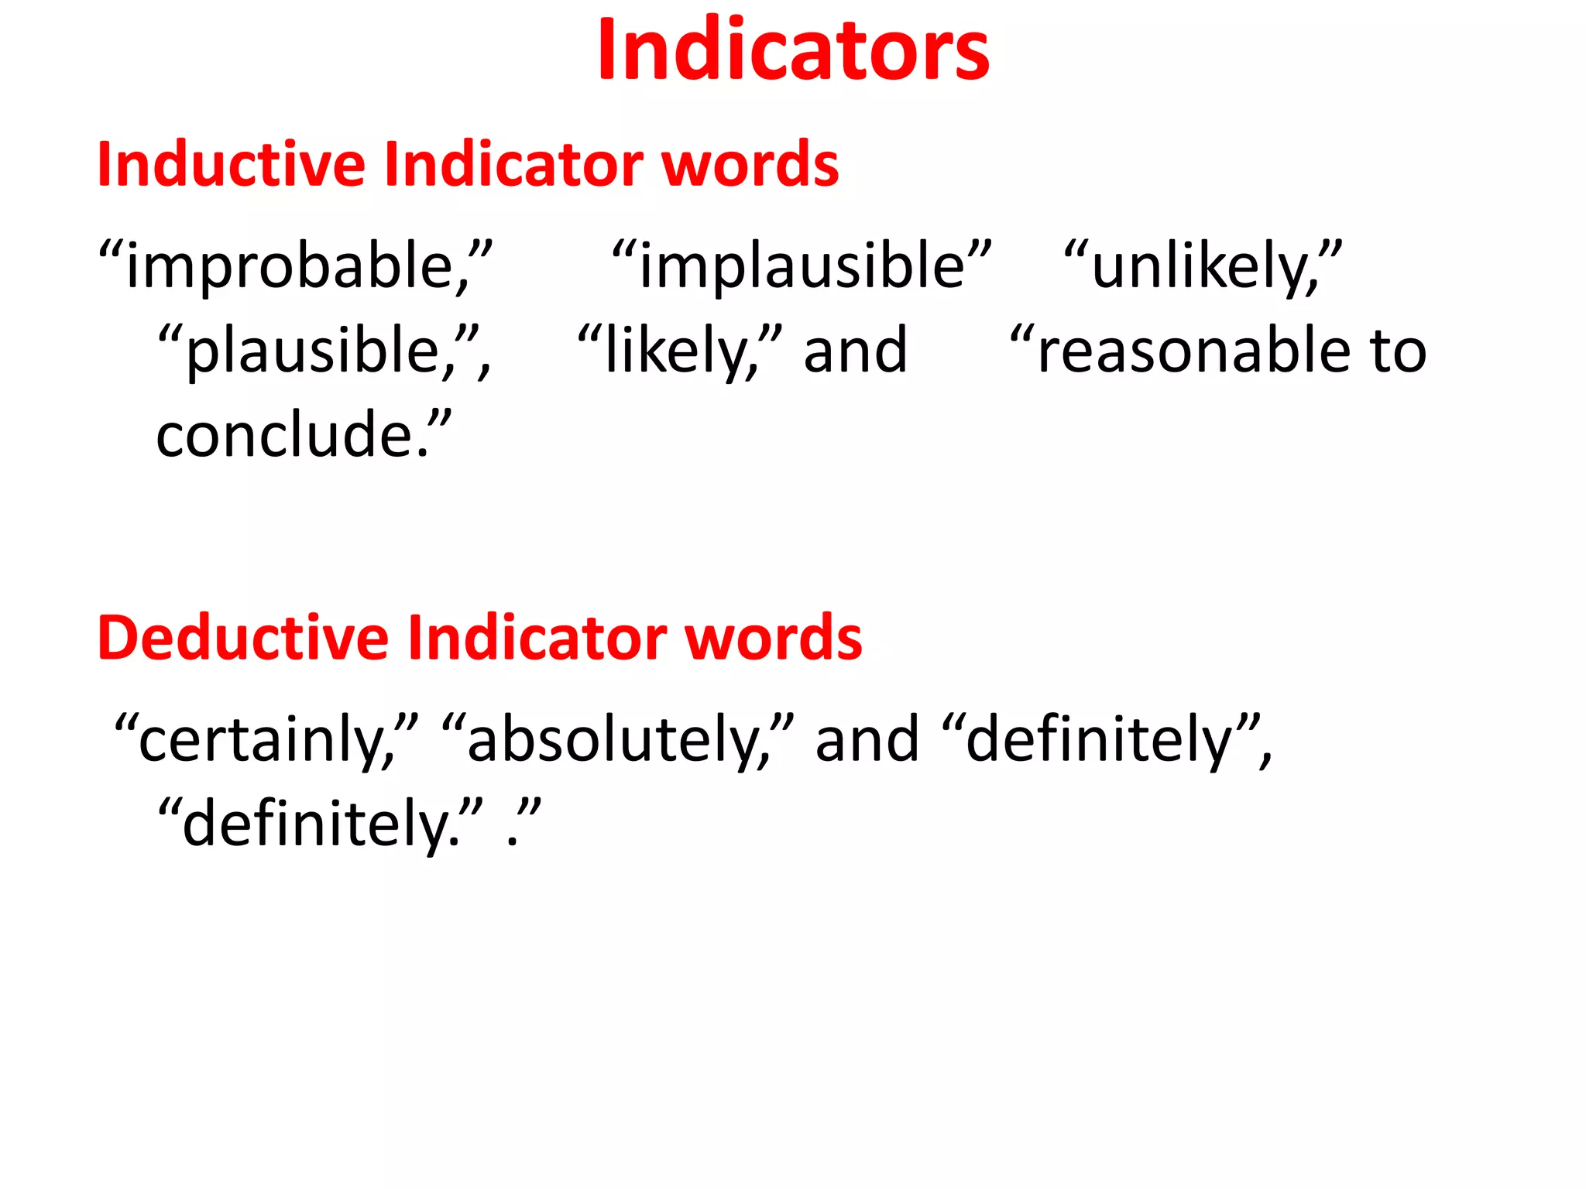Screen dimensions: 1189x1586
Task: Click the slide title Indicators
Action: (793, 51)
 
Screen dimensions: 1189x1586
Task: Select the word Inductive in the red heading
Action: (231, 164)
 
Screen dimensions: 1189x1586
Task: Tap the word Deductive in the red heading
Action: (242, 638)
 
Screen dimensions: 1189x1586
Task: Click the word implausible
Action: (802, 266)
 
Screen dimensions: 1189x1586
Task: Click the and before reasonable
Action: (855, 351)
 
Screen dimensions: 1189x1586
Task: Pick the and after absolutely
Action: (867, 740)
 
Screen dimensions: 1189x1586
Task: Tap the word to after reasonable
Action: (1398, 351)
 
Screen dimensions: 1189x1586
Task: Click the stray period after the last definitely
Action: (512, 839)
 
